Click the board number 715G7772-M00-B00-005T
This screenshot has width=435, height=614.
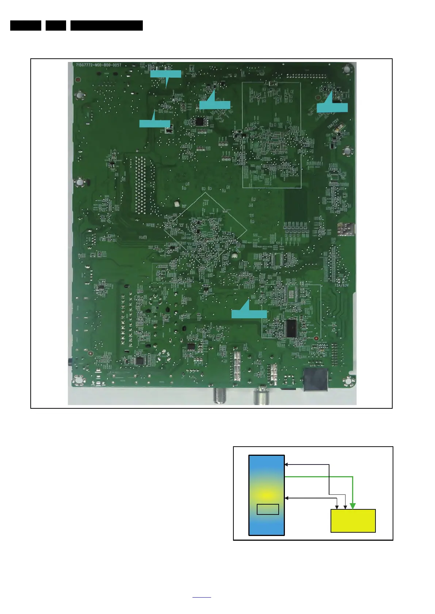click(x=98, y=65)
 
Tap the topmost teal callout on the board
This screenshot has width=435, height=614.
click(x=165, y=74)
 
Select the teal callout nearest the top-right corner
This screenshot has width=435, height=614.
click(x=332, y=107)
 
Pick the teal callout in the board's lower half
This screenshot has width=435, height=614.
click(x=249, y=314)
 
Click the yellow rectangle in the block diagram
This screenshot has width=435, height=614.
click(x=353, y=521)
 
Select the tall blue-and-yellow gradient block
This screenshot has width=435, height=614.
click(x=266, y=495)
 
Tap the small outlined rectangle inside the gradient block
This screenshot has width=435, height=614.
click(x=268, y=509)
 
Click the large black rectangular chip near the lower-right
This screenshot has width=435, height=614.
click(x=291, y=328)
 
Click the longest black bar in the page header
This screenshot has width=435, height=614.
click(x=106, y=26)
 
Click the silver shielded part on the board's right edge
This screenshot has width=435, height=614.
click(x=345, y=229)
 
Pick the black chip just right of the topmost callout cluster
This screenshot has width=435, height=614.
click(x=199, y=121)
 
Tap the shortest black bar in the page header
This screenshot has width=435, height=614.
click(x=56, y=26)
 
